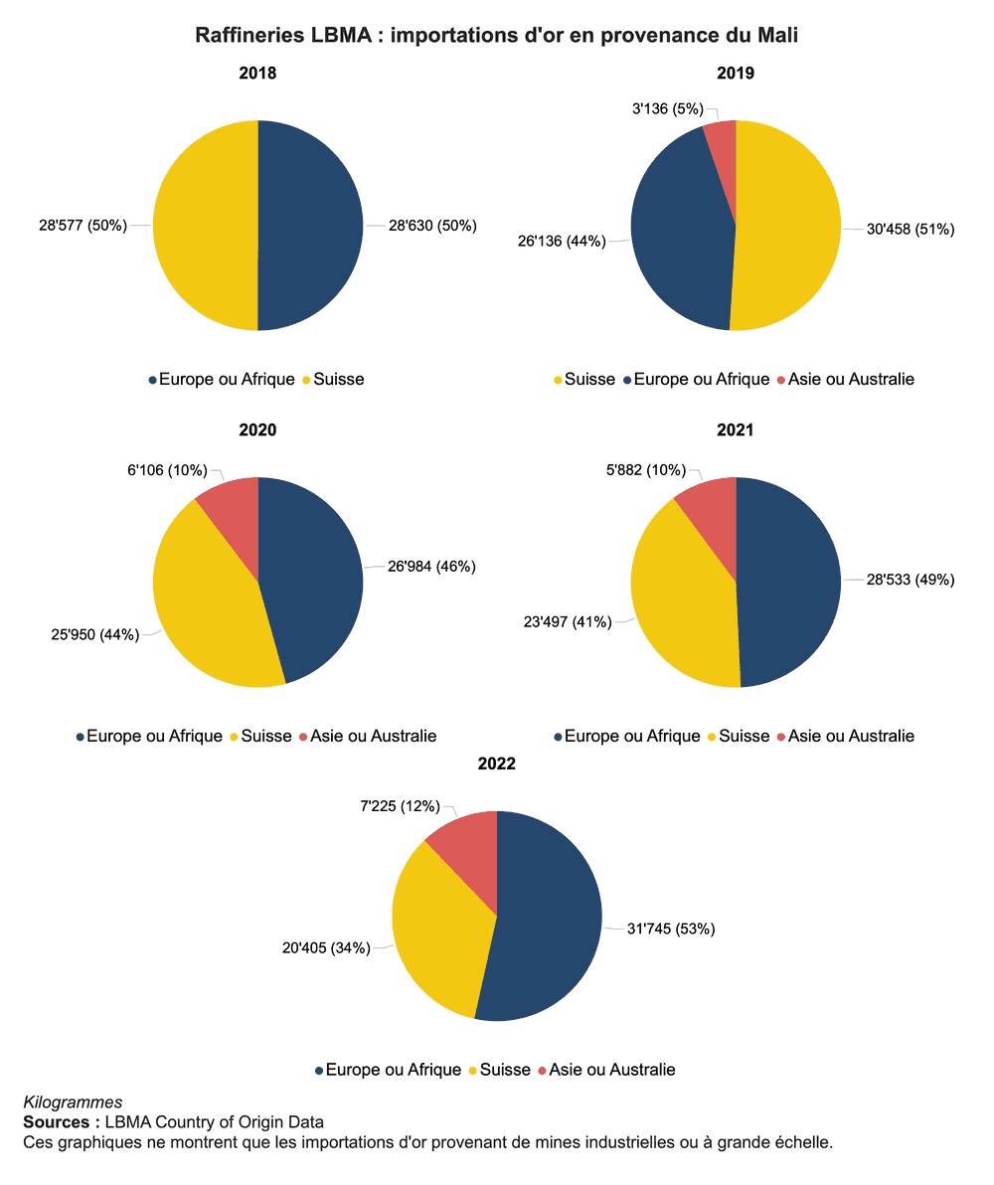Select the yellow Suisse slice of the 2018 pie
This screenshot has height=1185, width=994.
click(x=204, y=225)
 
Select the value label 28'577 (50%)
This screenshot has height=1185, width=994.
click(x=83, y=226)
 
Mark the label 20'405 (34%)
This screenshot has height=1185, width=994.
click(x=326, y=947)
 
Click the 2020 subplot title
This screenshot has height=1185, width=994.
click(x=257, y=430)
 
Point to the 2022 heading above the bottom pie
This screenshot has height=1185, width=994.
click(x=496, y=764)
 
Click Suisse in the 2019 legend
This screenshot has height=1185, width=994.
click(x=589, y=379)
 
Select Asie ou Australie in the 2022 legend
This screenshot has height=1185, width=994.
click(x=612, y=1070)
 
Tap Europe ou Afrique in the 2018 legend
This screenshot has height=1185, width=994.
click(x=227, y=379)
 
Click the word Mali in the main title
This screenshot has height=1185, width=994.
click(x=778, y=36)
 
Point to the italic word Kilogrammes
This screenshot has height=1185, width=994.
click(x=72, y=1101)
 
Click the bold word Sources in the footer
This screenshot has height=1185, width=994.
click(x=56, y=1122)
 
